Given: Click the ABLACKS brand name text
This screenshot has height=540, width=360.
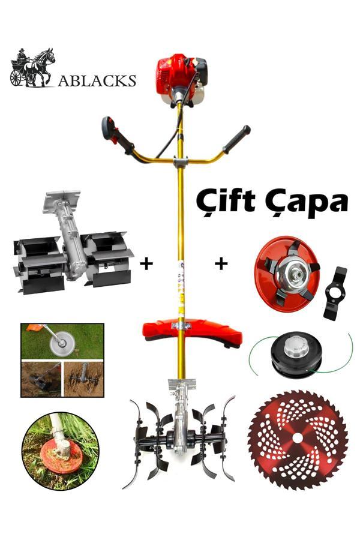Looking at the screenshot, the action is (x=97, y=80).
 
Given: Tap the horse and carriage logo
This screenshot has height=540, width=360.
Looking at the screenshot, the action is (x=32, y=67).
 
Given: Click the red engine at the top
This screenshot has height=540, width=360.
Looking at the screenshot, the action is (x=182, y=79).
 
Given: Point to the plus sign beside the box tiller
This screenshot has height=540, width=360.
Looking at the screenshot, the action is (x=146, y=264).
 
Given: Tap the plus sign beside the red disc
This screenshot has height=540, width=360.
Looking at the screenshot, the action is (x=221, y=264).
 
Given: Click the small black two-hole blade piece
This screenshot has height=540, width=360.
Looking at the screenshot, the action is (x=335, y=293).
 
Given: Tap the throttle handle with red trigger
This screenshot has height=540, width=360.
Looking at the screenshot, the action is (x=117, y=135).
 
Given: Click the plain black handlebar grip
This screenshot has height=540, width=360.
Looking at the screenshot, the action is (x=236, y=139).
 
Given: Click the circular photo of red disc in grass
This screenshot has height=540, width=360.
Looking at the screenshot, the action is (x=61, y=451).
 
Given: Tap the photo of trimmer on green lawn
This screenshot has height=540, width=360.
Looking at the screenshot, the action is (x=62, y=341).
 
